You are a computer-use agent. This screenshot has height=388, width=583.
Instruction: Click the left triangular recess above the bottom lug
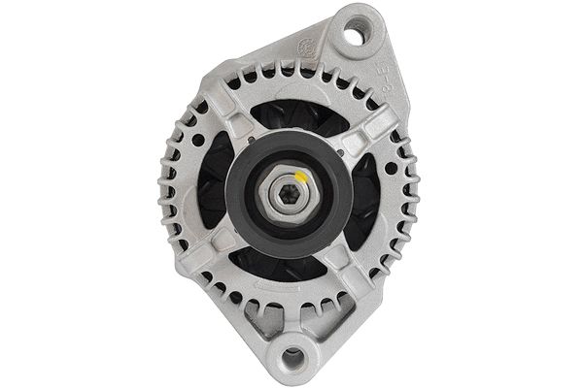point(257,320)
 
